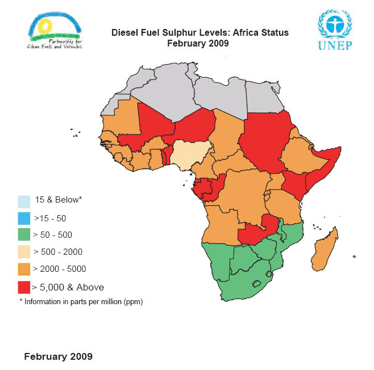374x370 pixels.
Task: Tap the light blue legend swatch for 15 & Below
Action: point(24,201)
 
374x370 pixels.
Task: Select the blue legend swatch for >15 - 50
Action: point(24,218)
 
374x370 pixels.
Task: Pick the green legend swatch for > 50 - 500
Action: point(24,235)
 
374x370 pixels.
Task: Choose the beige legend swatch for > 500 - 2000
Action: point(24,252)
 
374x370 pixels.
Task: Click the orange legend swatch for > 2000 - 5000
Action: point(24,269)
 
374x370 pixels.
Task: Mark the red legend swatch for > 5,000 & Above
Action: point(24,287)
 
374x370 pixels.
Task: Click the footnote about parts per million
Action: point(81,302)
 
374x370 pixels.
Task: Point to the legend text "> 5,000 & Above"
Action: point(68,287)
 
